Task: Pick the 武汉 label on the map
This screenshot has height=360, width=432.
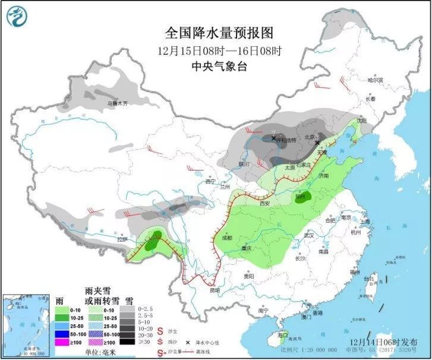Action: pyautogui.click(x=308, y=235)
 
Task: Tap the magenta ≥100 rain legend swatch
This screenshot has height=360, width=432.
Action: pyautogui.click(x=60, y=342)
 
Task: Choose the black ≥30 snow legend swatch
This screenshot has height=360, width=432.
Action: pyautogui.click(x=127, y=342)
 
